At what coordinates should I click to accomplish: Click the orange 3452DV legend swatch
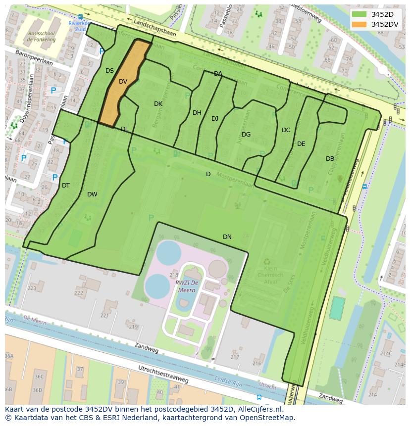coord(359,24)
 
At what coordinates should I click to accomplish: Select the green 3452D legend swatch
coord(359,14)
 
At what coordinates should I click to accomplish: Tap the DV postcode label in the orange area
coord(123,82)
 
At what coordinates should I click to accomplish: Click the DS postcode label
coord(109,71)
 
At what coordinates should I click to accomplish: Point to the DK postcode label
coord(158,104)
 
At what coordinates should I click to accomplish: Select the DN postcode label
coord(227,237)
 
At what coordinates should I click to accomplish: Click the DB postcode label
coord(330,159)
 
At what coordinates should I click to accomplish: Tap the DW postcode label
coord(92,194)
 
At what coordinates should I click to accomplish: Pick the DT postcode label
coord(66,186)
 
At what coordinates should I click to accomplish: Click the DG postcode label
coord(246,135)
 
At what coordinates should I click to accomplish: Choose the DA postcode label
coord(218,74)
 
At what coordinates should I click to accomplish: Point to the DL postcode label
coord(124,129)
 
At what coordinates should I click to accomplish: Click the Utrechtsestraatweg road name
coord(163,374)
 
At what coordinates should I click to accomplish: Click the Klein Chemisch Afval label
coord(270,276)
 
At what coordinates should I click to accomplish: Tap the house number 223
coord(32,288)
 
